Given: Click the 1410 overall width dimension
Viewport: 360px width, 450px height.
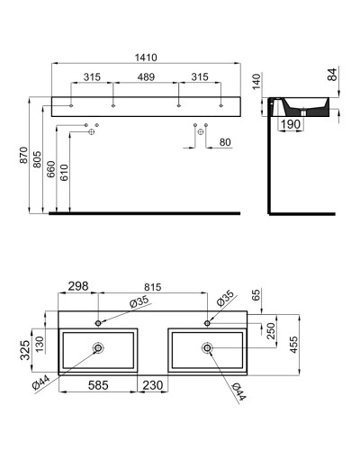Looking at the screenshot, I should (x=146, y=57).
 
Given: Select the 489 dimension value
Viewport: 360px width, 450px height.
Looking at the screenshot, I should (x=146, y=77).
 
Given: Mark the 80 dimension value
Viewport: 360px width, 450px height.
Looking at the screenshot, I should (x=223, y=141).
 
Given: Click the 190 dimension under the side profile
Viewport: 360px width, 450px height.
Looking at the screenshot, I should (x=289, y=124).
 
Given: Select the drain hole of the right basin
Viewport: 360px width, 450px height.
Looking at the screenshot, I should (x=207, y=347).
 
